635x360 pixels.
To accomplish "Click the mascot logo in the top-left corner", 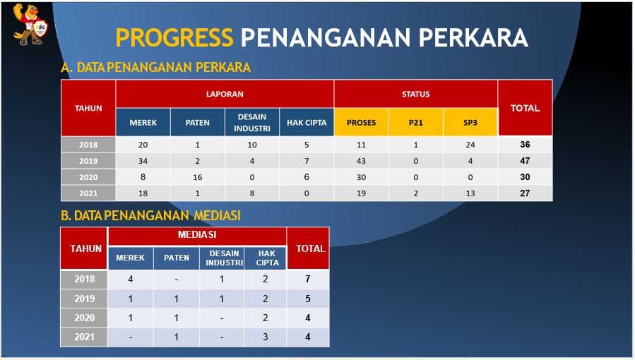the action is click(x=30, y=24).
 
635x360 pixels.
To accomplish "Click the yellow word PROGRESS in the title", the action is click(x=174, y=37).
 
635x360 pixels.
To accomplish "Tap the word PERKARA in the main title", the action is click(x=473, y=37).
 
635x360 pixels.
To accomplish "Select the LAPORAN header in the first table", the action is click(x=225, y=95).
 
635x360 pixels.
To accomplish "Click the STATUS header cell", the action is click(x=415, y=95).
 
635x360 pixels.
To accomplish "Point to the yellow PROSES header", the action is click(x=361, y=123).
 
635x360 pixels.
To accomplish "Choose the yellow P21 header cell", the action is click(x=415, y=123).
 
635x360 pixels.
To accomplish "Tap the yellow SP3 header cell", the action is click(x=470, y=123).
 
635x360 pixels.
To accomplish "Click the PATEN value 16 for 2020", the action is click(x=198, y=177).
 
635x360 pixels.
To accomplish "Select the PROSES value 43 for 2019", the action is click(x=361, y=161).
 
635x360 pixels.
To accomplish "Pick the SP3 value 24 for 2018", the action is click(x=470, y=145).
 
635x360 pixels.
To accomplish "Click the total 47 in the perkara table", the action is click(x=525, y=160).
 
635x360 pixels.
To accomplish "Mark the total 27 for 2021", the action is click(x=525, y=193).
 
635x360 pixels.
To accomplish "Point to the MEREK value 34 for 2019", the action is click(x=143, y=161).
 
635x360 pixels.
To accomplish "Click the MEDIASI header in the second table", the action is click(x=197, y=234).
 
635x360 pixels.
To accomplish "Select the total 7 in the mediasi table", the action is click(x=308, y=279).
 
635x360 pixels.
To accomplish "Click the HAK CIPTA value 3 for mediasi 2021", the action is click(x=266, y=337).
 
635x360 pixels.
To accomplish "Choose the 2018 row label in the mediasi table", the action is click(x=84, y=279).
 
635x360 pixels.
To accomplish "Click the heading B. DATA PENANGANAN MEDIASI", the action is click(x=150, y=215).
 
